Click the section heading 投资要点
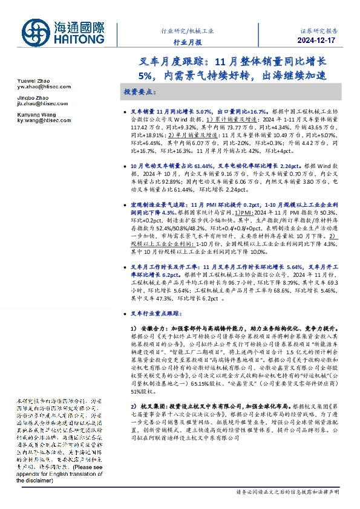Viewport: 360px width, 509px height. (x=140, y=92)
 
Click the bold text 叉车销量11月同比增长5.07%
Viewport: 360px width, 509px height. (x=172, y=112)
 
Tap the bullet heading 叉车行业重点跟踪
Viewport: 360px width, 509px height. (x=157, y=314)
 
